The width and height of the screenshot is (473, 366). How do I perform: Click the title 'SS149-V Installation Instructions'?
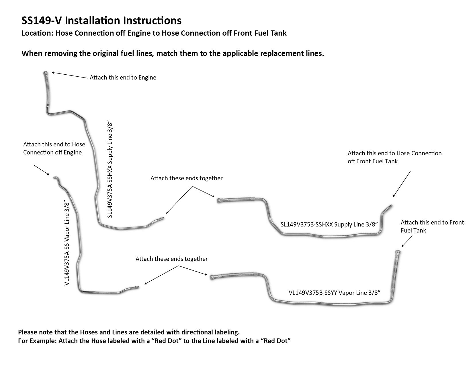coord(101,21)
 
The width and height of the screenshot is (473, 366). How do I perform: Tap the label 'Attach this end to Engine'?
coord(123,78)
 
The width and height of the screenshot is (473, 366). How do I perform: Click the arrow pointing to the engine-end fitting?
coord(69,75)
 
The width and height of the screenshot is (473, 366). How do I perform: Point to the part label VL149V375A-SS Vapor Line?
coord(67,243)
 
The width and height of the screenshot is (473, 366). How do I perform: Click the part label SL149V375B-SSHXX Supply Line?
coord(329,224)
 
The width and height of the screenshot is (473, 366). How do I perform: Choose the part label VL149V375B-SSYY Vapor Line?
coord(334,293)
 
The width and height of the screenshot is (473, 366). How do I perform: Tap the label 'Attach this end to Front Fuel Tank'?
coord(432,226)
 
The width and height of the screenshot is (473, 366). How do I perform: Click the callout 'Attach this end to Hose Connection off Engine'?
coord(54,148)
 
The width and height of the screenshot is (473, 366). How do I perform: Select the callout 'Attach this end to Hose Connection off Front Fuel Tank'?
coord(394,157)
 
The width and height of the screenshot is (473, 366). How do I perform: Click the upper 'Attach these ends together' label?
coord(187,178)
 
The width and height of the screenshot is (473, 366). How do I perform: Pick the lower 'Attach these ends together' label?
coord(171,259)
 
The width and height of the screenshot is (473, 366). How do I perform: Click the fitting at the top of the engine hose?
coord(46,73)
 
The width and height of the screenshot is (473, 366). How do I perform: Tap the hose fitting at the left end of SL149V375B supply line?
coord(220,201)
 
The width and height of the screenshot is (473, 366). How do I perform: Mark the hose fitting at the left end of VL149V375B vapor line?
coord(213,278)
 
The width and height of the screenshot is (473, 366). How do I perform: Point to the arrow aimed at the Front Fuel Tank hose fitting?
coord(407,241)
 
